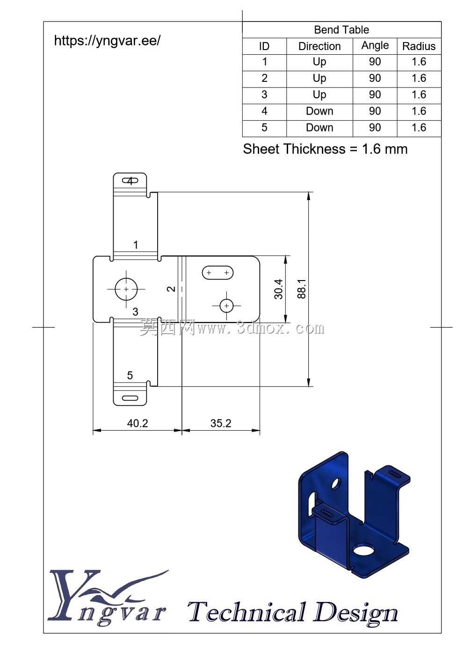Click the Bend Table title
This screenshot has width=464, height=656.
click(x=341, y=30)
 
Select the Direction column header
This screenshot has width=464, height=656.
click(x=319, y=46)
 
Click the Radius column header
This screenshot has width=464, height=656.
click(x=419, y=46)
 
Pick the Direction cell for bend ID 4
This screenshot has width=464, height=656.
click(x=319, y=111)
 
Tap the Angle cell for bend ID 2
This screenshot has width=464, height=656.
click(x=375, y=78)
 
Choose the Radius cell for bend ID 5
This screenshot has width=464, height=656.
click(x=419, y=128)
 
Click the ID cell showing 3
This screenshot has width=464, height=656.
click(x=264, y=94)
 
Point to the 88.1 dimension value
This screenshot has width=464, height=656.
click(x=301, y=289)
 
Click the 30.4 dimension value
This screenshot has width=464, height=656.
click(x=279, y=289)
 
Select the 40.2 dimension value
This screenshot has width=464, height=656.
click(x=138, y=423)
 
